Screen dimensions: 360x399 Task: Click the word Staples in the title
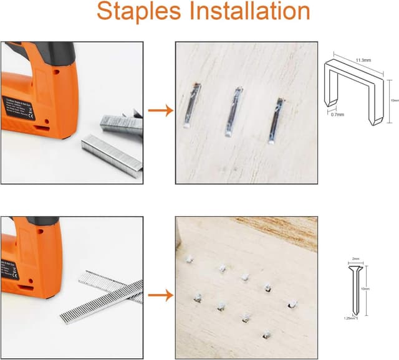tap(142, 12)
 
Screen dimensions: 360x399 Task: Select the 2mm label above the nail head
tap(355, 258)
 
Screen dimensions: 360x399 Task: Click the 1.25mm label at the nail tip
tap(351, 318)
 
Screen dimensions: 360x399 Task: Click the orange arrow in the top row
tap(160, 112)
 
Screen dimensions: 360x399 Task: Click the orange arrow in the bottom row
tap(160, 294)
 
